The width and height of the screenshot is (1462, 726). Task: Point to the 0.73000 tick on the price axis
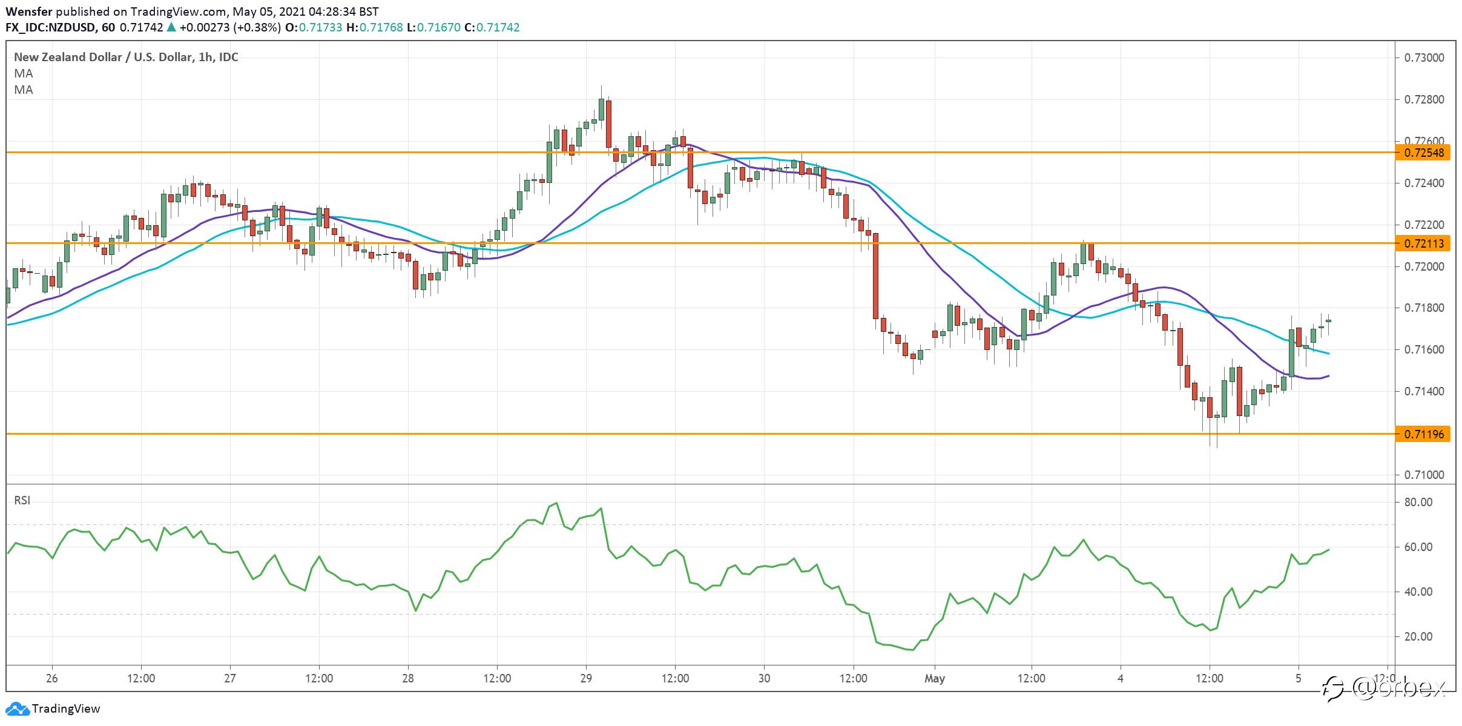click(1423, 58)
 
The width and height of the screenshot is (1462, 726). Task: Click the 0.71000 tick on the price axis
click(1423, 475)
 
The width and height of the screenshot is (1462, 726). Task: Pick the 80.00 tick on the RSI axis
click(1418, 502)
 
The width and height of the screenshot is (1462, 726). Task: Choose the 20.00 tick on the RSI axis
click(1418, 636)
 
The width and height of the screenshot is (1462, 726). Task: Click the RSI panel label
click(22, 500)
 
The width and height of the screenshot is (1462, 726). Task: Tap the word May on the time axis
click(934, 679)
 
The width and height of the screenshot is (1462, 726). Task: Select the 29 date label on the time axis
click(586, 678)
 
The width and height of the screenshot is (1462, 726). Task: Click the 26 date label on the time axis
click(52, 678)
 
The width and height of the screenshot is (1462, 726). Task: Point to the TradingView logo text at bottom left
click(66, 708)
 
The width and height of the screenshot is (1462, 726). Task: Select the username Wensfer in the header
click(29, 12)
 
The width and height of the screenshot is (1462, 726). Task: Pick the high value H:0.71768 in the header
click(375, 27)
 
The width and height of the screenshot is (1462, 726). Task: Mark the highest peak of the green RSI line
click(556, 503)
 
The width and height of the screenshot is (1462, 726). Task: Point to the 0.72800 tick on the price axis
click(1423, 99)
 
